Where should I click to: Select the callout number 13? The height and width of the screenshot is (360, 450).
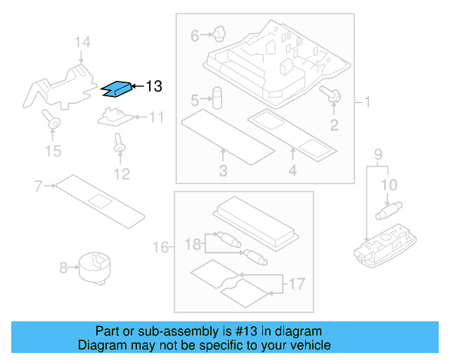154,86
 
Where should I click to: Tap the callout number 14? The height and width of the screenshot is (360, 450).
82,43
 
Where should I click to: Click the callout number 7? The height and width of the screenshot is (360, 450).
39,186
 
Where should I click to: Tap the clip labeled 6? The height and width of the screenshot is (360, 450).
219,32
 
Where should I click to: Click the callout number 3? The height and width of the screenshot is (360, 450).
223,171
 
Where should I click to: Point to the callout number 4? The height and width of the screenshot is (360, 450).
292,171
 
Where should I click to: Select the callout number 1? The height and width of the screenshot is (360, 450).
367,103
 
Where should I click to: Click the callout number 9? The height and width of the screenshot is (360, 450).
378,154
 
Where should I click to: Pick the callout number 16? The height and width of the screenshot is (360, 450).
162,247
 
